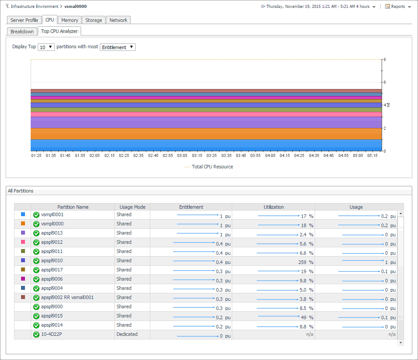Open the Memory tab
70,20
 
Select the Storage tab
93,20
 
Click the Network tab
118,20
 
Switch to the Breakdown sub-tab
22,32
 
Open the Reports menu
398,7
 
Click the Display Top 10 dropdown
46,47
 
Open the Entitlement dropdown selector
118,47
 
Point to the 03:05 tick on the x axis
182,155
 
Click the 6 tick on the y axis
384,82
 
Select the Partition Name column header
73,207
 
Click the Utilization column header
273,207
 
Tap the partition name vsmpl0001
52,215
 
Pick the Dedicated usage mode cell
127,335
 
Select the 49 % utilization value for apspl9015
306,317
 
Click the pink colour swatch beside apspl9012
23,242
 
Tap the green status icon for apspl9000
36,307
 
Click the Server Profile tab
24,20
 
